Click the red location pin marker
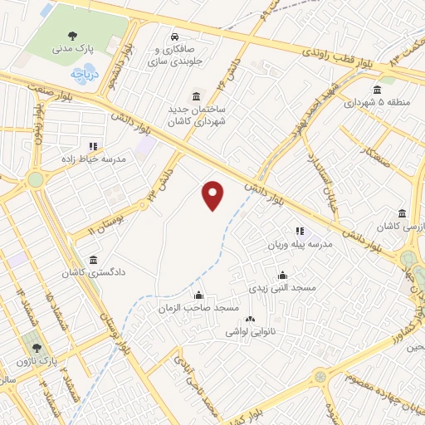(213, 195)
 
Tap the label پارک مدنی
(73, 50)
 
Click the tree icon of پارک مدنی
(73, 36)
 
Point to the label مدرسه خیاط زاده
(92, 158)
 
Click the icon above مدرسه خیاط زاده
(92, 146)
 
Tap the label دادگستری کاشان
(93, 271)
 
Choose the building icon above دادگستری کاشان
(93, 260)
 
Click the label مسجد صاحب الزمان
(198, 307)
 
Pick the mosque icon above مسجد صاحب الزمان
(198, 295)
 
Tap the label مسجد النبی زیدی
(283, 287)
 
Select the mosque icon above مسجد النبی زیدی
(283, 276)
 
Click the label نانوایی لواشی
(251, 331)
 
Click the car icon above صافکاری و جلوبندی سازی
(175, 37)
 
